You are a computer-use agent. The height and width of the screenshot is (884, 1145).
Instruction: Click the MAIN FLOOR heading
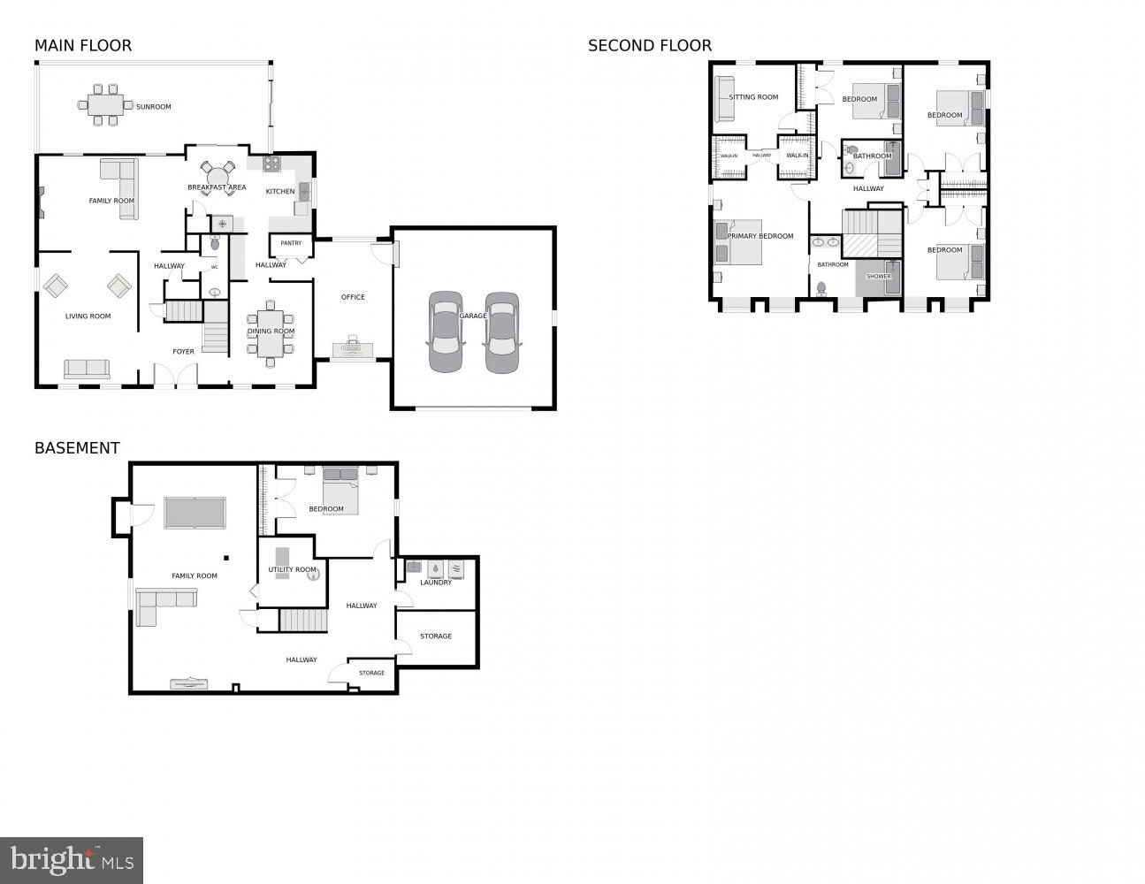[82, 46]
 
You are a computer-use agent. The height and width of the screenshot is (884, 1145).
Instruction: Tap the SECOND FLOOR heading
[649, 46]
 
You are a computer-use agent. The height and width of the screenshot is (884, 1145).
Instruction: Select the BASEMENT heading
[77, 448]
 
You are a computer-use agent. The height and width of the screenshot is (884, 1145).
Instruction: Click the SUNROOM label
[153, 107]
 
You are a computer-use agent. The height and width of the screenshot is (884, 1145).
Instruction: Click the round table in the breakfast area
[217, 171]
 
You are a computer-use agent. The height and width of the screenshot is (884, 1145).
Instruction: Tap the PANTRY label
[291, 243]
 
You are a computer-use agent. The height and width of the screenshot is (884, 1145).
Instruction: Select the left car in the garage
[445, 331]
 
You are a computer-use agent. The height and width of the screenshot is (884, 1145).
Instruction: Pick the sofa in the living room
[87, 369]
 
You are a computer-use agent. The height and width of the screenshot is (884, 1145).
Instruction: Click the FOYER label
[183, 352]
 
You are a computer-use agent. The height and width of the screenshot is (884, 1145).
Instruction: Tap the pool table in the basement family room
[195, 512]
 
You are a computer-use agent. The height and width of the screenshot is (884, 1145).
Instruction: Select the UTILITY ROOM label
[292, 570]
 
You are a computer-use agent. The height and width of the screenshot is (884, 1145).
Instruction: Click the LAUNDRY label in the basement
[436, 583]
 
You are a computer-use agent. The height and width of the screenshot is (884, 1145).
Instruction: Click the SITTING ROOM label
[753, 97]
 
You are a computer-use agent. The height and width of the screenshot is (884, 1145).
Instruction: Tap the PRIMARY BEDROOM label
[760, 237]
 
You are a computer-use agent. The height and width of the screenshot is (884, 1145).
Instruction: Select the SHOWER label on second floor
[878, 277]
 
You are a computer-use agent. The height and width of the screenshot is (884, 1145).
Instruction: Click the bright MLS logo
[72, 859]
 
